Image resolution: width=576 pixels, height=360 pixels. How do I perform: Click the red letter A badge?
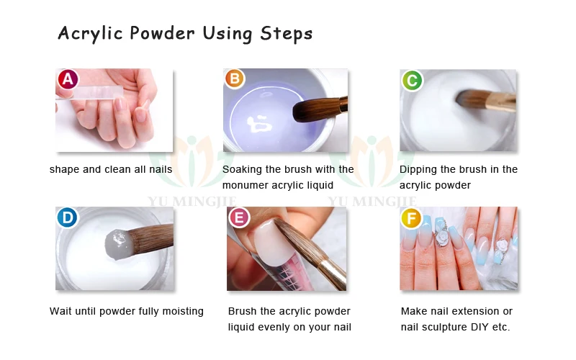pos(68,79)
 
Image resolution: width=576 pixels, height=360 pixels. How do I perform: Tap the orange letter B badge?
pos(235,78)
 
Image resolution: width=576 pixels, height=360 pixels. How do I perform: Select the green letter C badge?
pos(412,81)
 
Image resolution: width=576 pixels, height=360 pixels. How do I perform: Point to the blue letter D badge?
pos(67,218)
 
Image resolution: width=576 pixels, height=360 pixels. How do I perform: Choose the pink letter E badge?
pos(239,217)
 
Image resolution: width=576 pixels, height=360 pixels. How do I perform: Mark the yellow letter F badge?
pos(411,218)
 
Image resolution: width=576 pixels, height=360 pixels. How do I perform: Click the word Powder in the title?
pos(162,33)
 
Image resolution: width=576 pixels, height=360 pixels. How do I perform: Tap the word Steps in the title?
pos(286,34)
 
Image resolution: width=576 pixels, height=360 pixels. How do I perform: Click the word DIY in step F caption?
pos(480,327)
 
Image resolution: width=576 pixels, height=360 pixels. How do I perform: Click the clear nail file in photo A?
pos(89,93)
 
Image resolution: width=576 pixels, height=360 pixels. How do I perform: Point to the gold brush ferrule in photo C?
pos(501,102)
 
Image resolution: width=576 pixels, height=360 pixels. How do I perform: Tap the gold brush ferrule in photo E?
pos(333,274)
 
